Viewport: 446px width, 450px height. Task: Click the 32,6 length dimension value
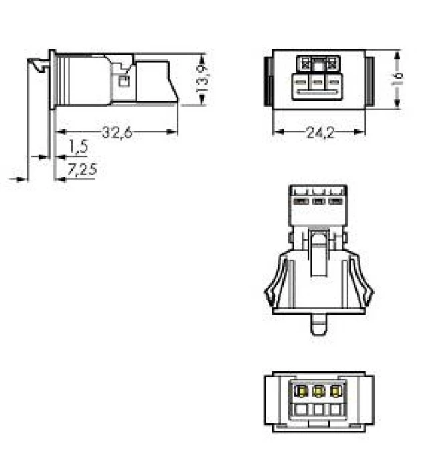[117, 133]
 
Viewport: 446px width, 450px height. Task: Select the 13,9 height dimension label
[203, 78]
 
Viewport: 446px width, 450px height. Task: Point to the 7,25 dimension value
[83, 170]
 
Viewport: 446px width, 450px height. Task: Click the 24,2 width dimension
[320, 133]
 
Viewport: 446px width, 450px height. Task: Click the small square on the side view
[123, 81]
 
